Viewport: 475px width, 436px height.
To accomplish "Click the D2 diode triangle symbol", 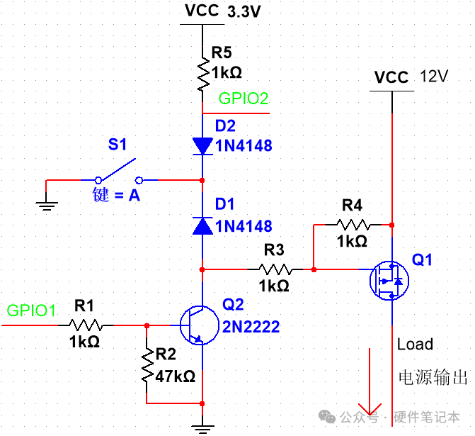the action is click(x=202, y=146).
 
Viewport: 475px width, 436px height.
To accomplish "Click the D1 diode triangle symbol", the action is click(x=202, y=225).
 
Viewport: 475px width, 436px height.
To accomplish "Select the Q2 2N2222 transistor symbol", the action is click(x=200, y=325).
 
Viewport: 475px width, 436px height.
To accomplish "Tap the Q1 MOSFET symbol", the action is click(x=389, y=281).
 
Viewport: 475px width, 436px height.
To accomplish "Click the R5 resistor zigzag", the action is click(x=203, y=74).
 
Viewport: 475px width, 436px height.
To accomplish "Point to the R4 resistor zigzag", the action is click(x=353, y=225).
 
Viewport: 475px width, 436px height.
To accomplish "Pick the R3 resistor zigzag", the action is click(x=275, y=269).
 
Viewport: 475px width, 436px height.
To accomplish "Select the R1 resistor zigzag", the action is click(x=86, y=325).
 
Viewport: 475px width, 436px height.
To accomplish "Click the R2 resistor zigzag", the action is click(x=147, y=365).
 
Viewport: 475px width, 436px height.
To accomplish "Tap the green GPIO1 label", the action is click(x=31, y=311).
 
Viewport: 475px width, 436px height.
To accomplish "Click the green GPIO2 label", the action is click(x=244, y=99).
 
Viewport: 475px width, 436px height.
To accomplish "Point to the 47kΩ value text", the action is click(x=175, y=376).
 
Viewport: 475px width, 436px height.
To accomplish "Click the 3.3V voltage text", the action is click(x=244, y=12).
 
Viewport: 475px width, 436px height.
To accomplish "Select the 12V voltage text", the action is click(x=434, y=76).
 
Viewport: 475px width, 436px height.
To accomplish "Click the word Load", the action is click(x=415, y=345).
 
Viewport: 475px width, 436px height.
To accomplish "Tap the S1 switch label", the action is click(x=118, y=145).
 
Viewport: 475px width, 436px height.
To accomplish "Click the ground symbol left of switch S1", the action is click(x=46, y=206).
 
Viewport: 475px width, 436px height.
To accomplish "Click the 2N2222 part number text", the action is click(x=251, y=327).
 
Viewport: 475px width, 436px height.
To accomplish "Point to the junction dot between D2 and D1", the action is click(x=202, y=181).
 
